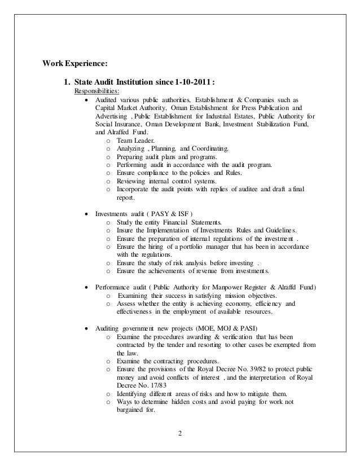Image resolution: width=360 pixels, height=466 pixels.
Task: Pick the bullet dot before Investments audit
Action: point(86,214)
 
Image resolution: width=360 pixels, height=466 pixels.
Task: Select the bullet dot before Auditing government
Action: point(86,329)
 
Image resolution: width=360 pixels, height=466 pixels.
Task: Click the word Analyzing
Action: point(132,148)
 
